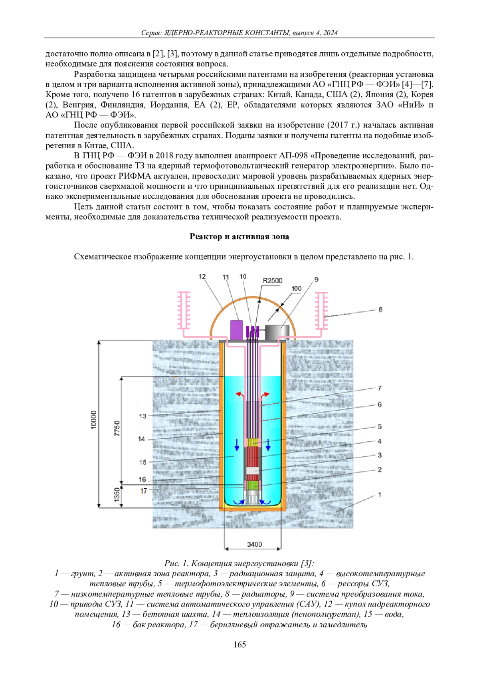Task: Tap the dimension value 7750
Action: coord(117,428)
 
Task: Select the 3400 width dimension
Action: coord(255,544)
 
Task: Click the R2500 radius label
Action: coord(272,281)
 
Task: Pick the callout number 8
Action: coord(380,309)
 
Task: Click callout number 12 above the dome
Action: coord(202,276)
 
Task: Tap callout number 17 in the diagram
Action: coord(143,491)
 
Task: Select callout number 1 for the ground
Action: coord(380,495)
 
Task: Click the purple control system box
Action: coord(237,330)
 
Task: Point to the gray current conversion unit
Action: coord(277,332)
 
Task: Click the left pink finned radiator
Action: coord(184,310)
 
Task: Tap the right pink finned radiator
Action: coord(321,310)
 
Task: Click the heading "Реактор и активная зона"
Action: coord(239,237)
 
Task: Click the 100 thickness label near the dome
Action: coord(296,288)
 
